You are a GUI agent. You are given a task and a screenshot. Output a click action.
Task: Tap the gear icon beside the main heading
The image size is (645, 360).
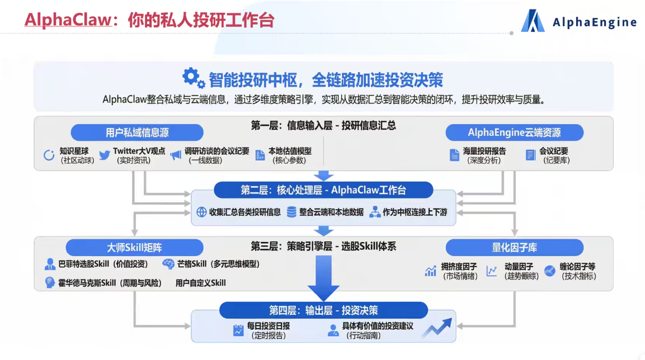(x=194, y=78)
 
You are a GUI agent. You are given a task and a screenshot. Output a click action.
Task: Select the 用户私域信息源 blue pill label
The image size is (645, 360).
(x=137, y=132)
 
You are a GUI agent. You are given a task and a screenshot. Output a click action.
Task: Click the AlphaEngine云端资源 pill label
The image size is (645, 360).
(x=514, y=132)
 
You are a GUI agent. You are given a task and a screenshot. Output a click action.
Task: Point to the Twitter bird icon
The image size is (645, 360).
(x=104, y=155)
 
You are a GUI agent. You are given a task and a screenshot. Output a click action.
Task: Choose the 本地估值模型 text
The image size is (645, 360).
(x=290, y=151)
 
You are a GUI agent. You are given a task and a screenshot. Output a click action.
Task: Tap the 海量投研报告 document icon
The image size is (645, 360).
(x=455, y=155)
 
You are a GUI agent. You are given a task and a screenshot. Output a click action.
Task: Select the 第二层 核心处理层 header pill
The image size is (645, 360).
(x=323, y=190)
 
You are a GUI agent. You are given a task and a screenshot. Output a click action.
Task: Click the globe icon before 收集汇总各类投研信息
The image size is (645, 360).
(x=201, y=212)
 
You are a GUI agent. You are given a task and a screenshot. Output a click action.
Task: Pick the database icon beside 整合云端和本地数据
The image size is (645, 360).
(x=291, y=212)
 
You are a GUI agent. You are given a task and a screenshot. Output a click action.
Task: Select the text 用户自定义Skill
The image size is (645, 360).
(x=201, y=283)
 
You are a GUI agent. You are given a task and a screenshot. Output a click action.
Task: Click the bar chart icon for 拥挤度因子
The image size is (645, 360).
(x=430, y=271)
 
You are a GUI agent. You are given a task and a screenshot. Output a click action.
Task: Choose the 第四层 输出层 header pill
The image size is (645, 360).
(x=323, y=310)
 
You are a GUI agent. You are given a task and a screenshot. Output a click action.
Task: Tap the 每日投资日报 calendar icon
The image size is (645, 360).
(x=239, y=330)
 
